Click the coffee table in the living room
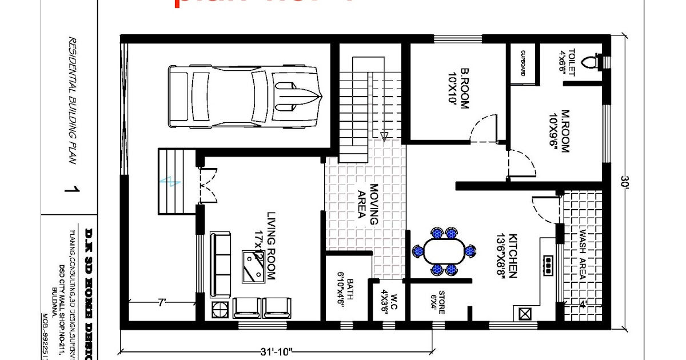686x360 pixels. click(254, 266)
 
